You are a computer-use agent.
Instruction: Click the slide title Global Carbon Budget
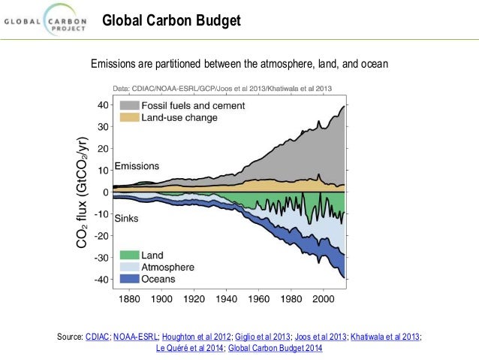coord(171,20)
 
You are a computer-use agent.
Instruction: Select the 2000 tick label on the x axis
coord(323,298)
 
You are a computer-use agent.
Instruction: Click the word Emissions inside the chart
coord(137,165)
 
